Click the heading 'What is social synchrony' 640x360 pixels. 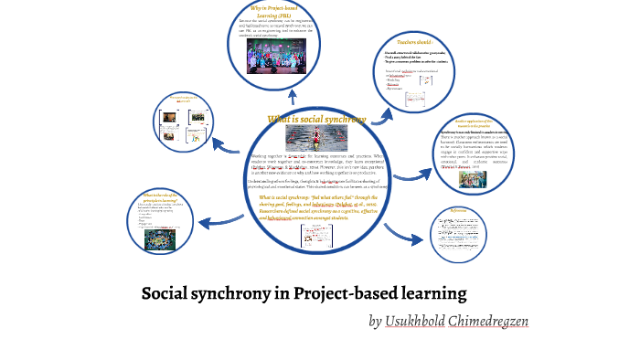316,119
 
